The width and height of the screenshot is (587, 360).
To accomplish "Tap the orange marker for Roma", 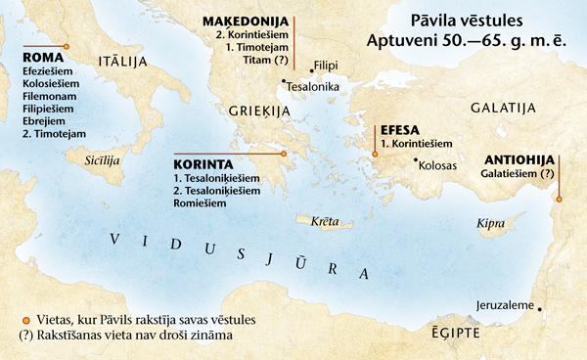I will coord(67,46).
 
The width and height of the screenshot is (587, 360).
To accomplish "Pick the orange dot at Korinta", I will coord(283,154).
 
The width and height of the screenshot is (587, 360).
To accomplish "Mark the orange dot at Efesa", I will coord(375,152).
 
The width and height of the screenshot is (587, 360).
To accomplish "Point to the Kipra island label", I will coord(490,224).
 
